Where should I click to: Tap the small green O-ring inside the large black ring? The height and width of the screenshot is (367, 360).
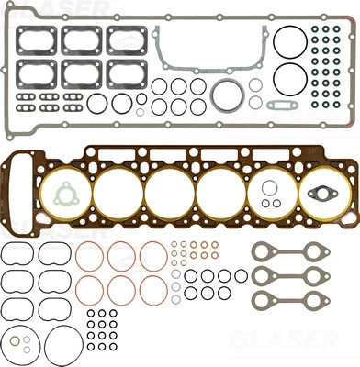[x=15, y=340]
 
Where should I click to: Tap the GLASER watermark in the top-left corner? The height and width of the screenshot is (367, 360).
[x=54, y=6]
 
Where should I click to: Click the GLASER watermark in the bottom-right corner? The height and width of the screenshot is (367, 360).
[x=285, y=339]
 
